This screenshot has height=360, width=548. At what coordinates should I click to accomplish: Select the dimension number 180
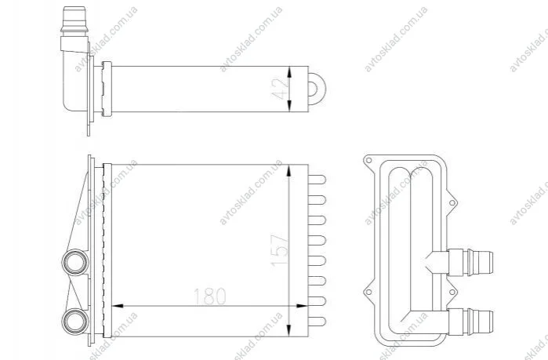(209, 296)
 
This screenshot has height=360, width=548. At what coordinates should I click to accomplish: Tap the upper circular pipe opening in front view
(75, 262)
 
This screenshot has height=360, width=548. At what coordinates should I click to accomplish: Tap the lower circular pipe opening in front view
(75, 322)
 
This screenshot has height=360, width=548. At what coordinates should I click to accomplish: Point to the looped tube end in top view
(317, 89)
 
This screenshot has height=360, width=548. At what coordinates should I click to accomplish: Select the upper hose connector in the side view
(470, 262)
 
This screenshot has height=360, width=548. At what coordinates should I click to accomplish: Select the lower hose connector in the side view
(470, 322)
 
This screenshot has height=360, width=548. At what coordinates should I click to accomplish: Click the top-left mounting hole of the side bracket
(368, 161)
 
